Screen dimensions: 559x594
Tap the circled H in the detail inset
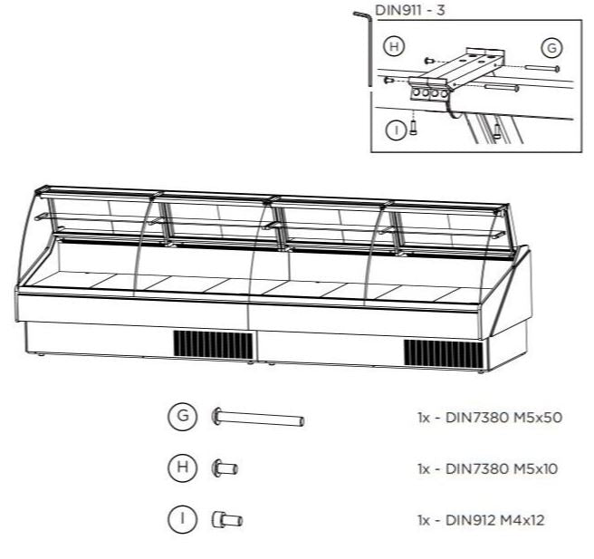(395, 46)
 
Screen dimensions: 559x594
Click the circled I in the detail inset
(395, 130)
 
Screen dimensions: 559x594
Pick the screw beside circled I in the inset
(413, 126)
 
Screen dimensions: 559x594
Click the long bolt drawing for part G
(257, 418)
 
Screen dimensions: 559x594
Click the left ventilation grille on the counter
(213, 345)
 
